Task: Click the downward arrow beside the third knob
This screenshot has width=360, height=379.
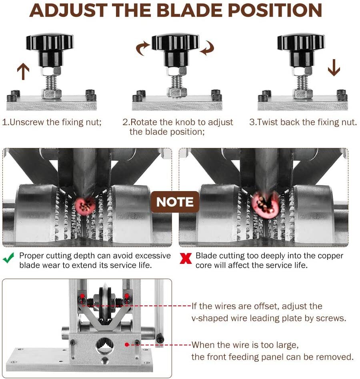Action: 334,68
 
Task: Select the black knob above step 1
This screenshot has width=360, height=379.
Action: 50,50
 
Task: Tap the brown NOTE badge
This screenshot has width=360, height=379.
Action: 175,202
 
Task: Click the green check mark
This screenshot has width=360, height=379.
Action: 9,258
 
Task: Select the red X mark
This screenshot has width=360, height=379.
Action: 186,258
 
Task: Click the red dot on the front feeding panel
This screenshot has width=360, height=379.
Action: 127,345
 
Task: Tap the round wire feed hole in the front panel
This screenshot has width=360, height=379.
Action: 105,345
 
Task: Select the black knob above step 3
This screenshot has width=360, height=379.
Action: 301,50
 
